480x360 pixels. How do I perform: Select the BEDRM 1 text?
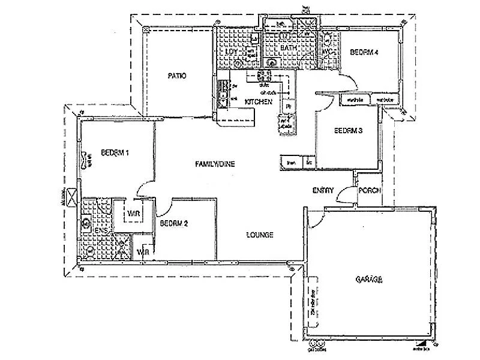116,153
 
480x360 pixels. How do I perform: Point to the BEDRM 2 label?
174,224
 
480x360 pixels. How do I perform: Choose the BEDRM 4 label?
365,53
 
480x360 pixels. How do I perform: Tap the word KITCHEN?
259,103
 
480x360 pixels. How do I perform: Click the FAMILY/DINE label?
214,163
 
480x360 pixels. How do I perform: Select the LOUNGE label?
259,235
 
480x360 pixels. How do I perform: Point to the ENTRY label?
323,190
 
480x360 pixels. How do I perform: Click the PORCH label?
369,191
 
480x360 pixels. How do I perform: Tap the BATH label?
289,47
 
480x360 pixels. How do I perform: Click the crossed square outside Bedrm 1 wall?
71,196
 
